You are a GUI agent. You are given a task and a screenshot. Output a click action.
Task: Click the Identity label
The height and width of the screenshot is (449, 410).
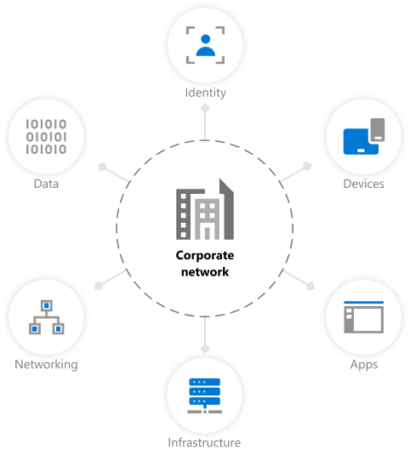coord(206,93)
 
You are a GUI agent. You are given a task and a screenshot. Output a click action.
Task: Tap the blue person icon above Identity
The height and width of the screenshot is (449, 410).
coord(206,45)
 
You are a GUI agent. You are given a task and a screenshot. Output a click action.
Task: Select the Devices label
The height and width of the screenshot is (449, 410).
coord(363,184)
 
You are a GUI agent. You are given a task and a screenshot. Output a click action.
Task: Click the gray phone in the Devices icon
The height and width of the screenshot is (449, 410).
coord(378,130)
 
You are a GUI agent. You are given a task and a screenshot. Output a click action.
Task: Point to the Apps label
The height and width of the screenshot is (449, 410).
coord(364,365)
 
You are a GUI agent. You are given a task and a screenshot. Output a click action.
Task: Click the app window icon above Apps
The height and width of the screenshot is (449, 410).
coord(363,317)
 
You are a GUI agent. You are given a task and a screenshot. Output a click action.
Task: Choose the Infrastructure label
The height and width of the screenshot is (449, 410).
coord(204,442)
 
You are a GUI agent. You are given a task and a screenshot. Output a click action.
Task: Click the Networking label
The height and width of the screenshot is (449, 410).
coord(46,365)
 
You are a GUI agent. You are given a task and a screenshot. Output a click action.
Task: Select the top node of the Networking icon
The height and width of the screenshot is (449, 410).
coord(47,305)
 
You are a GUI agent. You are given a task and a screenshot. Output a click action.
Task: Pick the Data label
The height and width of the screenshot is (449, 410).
coord(46,184)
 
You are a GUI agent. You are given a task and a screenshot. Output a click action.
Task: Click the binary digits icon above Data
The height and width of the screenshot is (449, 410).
coord(46,137)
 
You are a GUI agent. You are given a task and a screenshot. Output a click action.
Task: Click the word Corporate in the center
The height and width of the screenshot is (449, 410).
coord(205,255)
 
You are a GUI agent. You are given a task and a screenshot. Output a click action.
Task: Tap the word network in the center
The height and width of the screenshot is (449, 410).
coord(205,272)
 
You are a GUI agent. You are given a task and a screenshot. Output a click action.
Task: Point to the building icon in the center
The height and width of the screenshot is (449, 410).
coord(205,209)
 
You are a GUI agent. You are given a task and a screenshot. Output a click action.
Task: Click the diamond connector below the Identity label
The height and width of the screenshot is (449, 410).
coord(205,109)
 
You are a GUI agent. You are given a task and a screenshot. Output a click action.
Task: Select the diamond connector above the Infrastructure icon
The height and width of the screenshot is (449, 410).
coord(205,349)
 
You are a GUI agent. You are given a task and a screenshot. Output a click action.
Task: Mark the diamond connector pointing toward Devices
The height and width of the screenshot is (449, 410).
coord(307,167)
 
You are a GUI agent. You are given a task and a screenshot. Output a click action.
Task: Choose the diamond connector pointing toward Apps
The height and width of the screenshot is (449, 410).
coord(310,286)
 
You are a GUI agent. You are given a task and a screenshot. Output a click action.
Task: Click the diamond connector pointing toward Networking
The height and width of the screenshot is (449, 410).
coord(99,286)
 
